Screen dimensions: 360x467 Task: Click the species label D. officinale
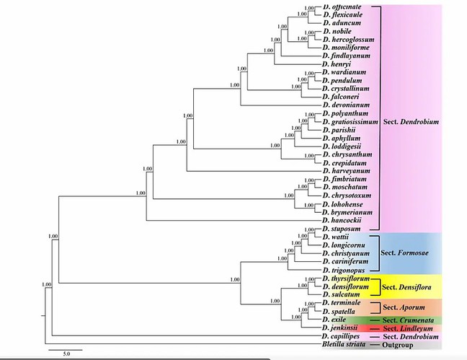(x=343, y=7)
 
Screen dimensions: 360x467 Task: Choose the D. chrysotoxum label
(x=345, y=195)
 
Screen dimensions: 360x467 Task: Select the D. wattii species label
(x=335, y=237)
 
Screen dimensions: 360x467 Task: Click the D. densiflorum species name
(x=349, y=286)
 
